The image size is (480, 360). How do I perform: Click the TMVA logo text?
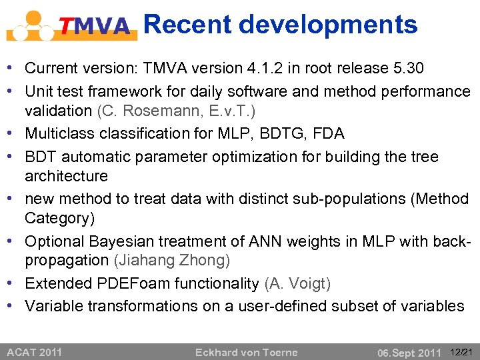(95, 26)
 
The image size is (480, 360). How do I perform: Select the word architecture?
(66, 176)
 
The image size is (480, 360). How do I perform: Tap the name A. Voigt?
(297, 283)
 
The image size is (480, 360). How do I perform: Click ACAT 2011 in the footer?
(34, 352)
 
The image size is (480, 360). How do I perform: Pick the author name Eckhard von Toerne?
(246, 352)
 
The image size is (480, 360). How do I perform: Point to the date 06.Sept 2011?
(409, 352)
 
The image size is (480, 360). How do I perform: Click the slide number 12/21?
(461, 351)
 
